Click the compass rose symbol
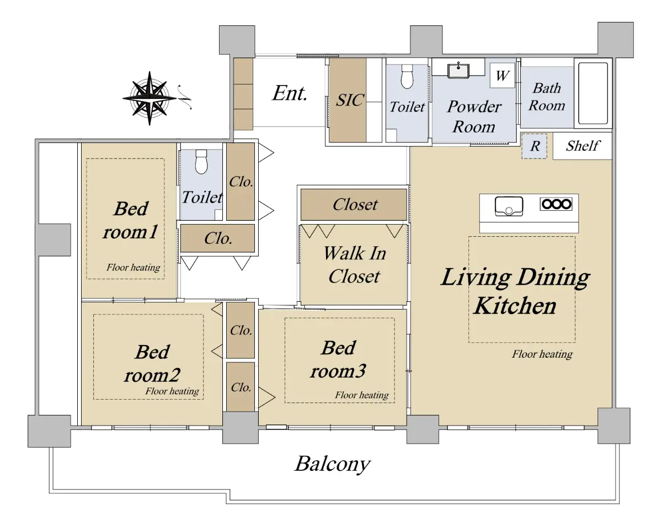tap(150, 98)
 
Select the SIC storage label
tap(350, 100)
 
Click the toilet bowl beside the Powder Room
tap(407, 76)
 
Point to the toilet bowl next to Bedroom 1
tap(201, 162)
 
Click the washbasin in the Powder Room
tap(458, 71)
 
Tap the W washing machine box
tap(503, 76)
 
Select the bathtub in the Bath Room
tap(593, 93)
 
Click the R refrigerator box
tap(535, 146)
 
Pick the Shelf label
tap(583, 146)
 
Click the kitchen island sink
tap(509, 206)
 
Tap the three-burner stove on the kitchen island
tap(556, 204)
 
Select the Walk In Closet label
tap(355, 265)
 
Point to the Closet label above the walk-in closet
tap(355, 204)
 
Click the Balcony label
tap(333, 464)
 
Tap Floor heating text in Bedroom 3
tap(362, 395)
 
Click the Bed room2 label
tap(152, 364)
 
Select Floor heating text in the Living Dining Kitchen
tap(542, 354)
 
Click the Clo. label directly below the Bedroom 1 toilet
tap(218, 238)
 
